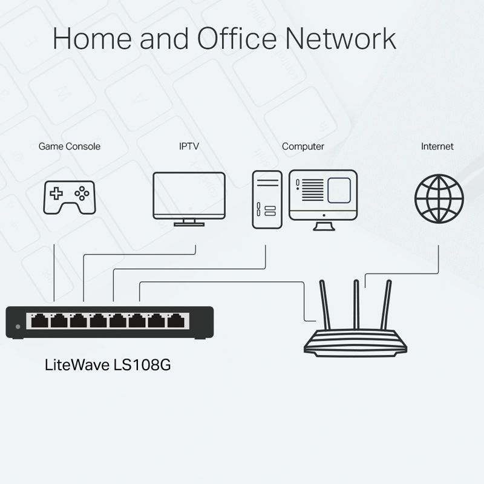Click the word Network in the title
click(x=341, y=39)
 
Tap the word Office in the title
click(x=237, y=38)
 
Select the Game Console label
click(x=70, y=146)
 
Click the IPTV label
click(x=189, y=146)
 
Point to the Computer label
click(x=303, y=146)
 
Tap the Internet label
click(x=437, y=146)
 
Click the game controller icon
click(x=70, y=198)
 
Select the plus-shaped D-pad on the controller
click(x=56, y=194)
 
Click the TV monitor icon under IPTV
click(x=189, y=199)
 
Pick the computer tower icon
click(x=267, y=200)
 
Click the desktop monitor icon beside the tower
click(x=323, y=200)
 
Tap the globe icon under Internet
click(x=439, y=199)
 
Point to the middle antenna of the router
click(x=356, y=305)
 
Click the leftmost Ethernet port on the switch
click(x=39, y=321)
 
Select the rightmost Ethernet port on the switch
click(x=176, y=321)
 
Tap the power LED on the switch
click(x=18, y=327)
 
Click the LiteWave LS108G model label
click(x=108, y=365)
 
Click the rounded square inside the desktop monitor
click(x=339, y=190)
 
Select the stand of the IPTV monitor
click(x=189, y=223)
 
